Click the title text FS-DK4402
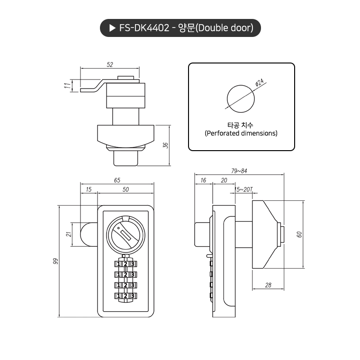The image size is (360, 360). click(x=144, y=28)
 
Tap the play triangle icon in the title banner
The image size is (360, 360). click(x=112, y=28)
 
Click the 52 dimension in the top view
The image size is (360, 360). click(x=110, y=64)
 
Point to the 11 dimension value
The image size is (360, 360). click(x=68, y=85)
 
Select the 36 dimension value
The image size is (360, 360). click(x=165, y=145)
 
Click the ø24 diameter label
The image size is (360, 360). click(x=259, y=82)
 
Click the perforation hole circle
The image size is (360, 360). click(x=240, y=98)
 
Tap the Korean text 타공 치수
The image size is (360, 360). click(x=241, y=125)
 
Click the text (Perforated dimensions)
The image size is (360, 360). click(x=241, y=134)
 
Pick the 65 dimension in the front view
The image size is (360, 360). click(x=117, y=180)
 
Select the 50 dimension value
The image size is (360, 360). click(x=126, y=189)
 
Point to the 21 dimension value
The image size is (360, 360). click(x=68, y=234)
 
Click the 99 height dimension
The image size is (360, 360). click(x=55, y=261)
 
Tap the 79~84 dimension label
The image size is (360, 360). click(x=239, y=171)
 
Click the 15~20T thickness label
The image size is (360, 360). click(x=244, y=189)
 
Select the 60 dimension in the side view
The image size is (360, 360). click(x=299, y=234)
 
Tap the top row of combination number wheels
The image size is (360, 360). click(x=126, y=263)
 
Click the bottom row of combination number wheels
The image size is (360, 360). click(x=126, y=296)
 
